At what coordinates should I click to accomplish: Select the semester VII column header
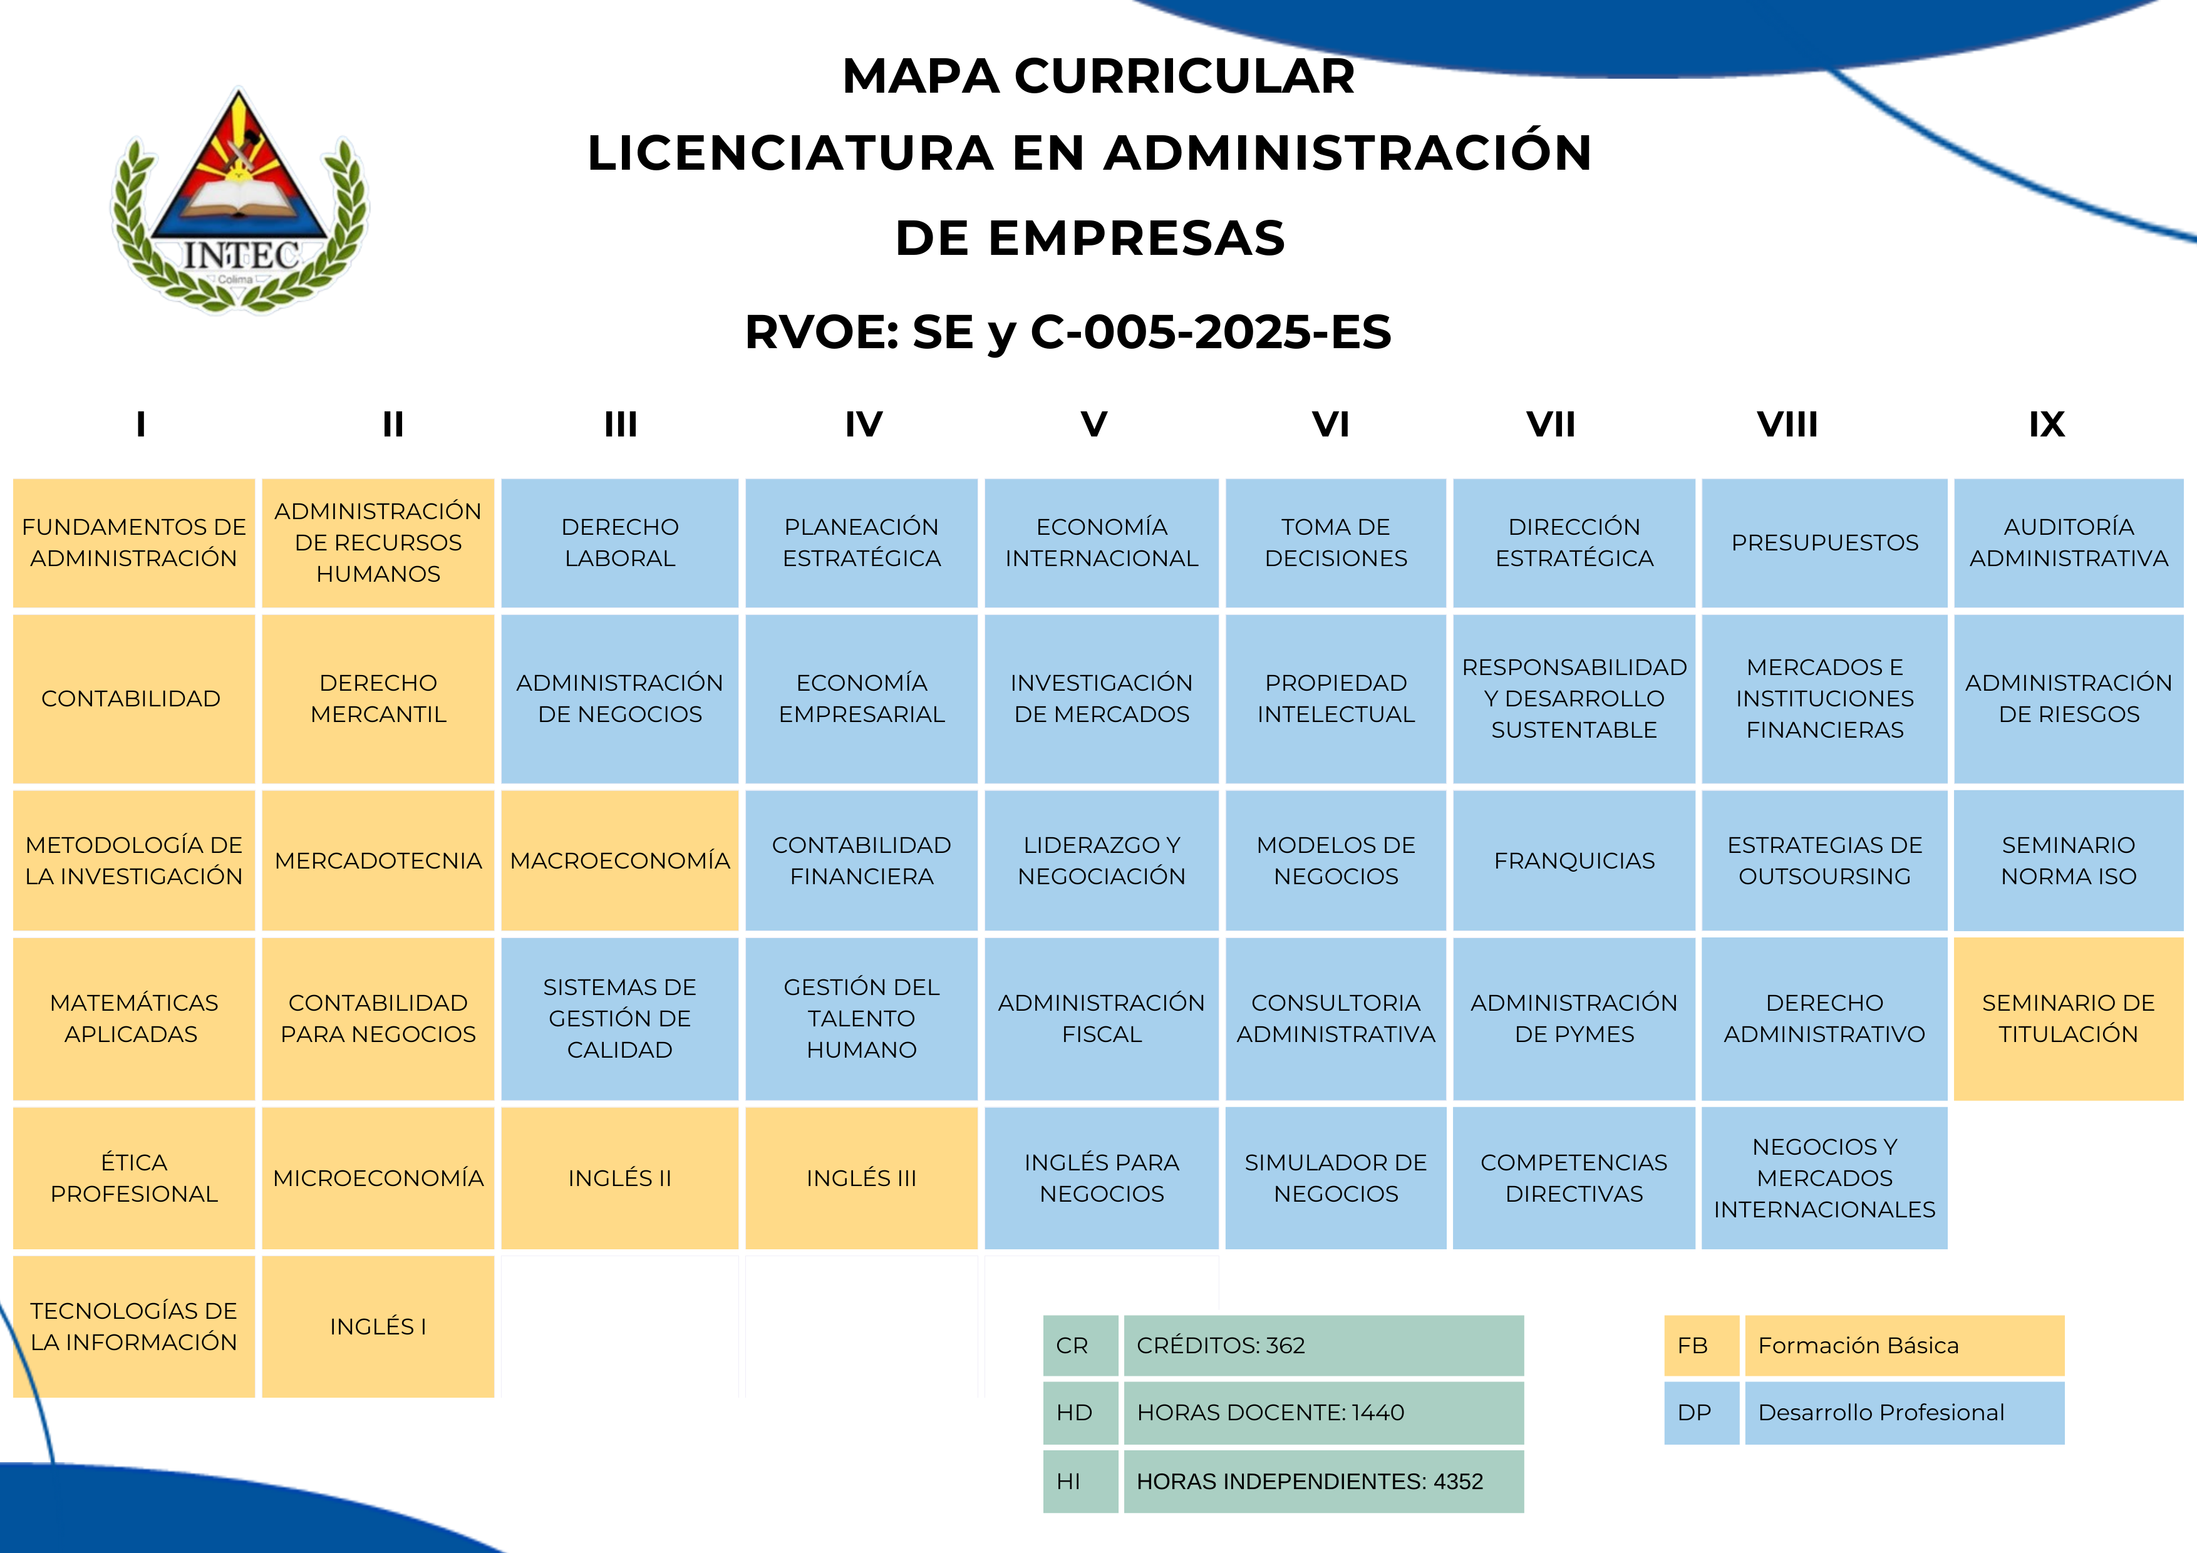click(x=1550, y=424)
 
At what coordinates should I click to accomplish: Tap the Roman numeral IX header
click(x=2047, y=424)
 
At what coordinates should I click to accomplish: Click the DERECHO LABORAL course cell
click(x=619, y=542)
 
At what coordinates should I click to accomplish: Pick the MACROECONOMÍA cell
click(x=619, y=860)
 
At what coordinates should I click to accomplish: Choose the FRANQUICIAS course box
click(x=1574, y=860)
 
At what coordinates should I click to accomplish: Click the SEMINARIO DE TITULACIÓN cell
click(x=2068, y=1018)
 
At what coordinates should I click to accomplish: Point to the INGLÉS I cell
click(x=378, y=1326)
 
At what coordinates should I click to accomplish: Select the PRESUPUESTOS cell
click(x=1824, y=542)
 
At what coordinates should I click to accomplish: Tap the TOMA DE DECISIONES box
click(x=1336, y=542)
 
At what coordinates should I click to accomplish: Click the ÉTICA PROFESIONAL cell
click(x=134, y=1178)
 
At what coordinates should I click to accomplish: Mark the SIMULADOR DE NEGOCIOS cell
click(x=1336, y=1178)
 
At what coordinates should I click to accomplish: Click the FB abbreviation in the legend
click(x=1693, y=1345)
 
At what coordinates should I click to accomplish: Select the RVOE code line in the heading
click(x=1068, y=332)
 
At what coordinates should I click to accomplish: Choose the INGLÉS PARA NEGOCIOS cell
click(x=1102, y=1178)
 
